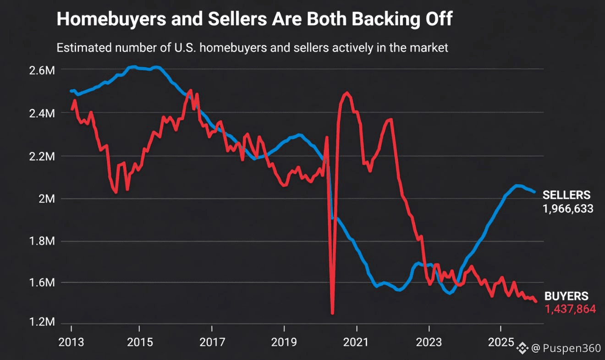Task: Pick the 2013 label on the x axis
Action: pyautogui.click(x=71, y=343)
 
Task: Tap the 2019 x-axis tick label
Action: pyautogui.click(x=284, y=343)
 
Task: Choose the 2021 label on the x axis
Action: pyautogui.click(x=356, y=343)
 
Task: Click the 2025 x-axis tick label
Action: pyautogui.click(x=500, y=343)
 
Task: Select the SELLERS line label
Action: pyautogui.click(x=566, y=195)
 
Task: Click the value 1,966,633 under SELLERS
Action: pyautogui.click(x=568, y=209)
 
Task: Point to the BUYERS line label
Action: pyautogui.click(x=566, y=296)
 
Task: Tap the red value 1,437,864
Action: pyautogui.click(x=570, y=310)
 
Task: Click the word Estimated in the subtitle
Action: pyautogui.click(x=79, y=47)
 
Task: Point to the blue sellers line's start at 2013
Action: pyautogui.click(x=71, y=91)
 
